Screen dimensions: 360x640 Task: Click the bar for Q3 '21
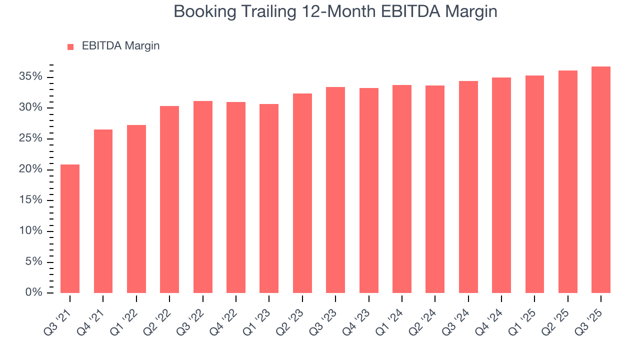(x=70, y=228)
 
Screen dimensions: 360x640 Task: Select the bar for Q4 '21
(x=103, y=211)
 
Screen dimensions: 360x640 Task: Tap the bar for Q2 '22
(x=169, y=199)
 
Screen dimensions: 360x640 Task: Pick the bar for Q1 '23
(x=269, y=198)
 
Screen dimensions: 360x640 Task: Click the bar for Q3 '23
(x=335, y=190)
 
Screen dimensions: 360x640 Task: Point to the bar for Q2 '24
(x=435, y=189)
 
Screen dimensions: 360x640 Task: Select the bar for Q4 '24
(x=501, y=185)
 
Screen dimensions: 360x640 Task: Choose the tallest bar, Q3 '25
(x=601, y=179)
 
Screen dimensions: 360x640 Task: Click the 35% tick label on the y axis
(x=31, y=77)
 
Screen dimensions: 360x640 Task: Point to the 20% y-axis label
(x=31, y=169)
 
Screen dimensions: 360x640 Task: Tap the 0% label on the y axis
(x=34, y=292)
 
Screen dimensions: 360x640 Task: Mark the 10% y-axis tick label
(x=31, y=231)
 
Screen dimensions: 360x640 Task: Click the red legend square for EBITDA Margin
(x=70, y=46)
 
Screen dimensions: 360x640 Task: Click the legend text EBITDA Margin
(x=120, y=46)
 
